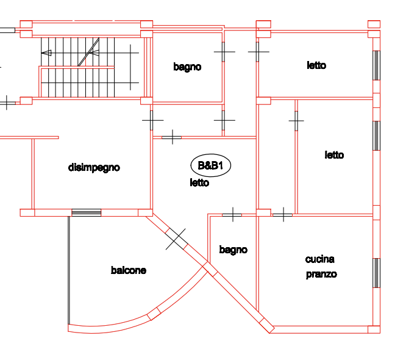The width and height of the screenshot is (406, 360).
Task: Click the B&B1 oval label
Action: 210,165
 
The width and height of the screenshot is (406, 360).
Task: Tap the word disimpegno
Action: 94,167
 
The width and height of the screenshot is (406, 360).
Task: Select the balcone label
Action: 128,270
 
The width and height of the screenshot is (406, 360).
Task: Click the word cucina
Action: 319,259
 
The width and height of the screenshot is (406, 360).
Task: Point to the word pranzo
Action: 321,274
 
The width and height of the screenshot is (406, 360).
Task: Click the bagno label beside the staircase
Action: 187,67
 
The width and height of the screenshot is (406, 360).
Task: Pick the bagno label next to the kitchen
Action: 233,249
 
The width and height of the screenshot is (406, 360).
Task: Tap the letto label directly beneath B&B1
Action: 199,182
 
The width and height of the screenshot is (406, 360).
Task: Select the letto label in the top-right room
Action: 316,65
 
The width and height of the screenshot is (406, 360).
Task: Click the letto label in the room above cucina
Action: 334,155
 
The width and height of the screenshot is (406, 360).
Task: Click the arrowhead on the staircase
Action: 45,53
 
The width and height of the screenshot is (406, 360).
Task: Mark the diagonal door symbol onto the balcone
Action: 176,238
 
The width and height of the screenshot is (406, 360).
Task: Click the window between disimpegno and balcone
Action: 86,212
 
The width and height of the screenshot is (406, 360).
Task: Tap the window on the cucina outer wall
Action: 376,272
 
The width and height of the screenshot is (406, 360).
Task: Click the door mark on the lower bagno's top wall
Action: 232,214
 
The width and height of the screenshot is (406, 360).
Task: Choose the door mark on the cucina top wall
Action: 282,214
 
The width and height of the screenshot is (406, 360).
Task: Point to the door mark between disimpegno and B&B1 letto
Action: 152,120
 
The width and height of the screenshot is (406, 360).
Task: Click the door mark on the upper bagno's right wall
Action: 224,53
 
